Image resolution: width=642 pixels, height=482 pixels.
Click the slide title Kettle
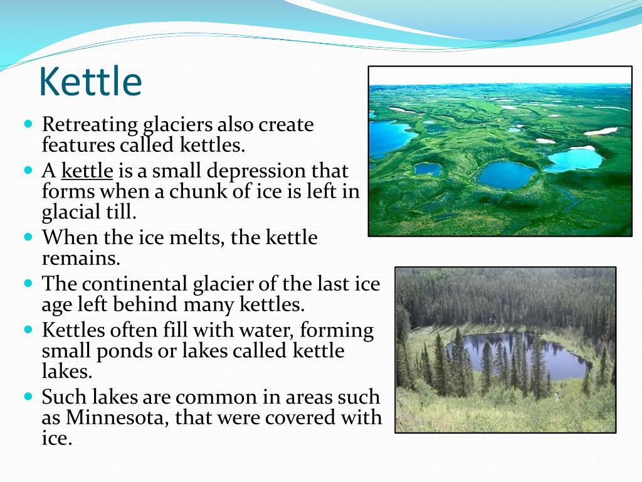[x=90, y=82]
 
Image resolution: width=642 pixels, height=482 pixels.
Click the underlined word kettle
[x=87, y=171]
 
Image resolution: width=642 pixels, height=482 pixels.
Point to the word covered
[x=290, y=418]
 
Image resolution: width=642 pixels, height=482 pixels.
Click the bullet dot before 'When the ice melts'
[x=28, y=238]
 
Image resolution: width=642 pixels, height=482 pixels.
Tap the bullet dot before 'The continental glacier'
[x=28, y=284]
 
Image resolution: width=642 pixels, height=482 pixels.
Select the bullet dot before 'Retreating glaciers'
[x=28, y=125]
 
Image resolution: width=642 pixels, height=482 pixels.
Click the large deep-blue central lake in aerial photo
[x=508, y=174]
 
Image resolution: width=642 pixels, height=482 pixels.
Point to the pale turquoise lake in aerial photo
[x=574, y=159]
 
